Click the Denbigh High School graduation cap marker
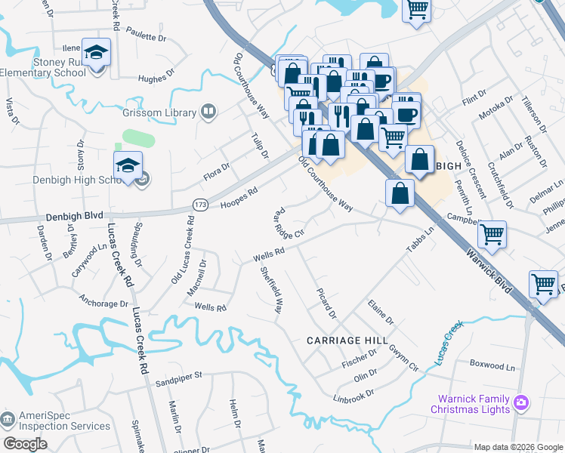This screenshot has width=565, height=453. pyautogui.click(x=128, y=166)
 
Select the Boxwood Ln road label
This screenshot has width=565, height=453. pyautogui.click(x=492, y=366)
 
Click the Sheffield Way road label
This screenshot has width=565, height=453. pyautogui.click(x=273, y=290)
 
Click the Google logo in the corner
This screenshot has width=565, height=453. pyautogui.click(x=25, y=444)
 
